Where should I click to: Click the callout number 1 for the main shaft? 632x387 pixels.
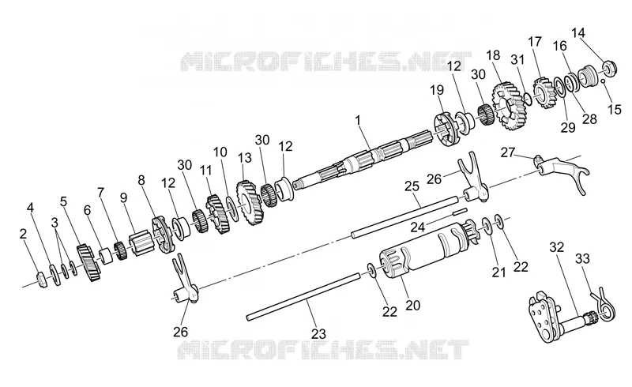pos(358,120)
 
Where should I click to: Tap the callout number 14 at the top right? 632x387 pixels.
pos(578,32)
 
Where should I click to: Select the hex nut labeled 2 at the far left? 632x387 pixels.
pos(42,279)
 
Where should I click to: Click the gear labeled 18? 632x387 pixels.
pos(507,106)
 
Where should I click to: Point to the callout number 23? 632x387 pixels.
pos(318,334)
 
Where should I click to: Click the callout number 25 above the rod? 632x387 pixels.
pos(412,186)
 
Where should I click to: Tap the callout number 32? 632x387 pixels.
pos(557,247)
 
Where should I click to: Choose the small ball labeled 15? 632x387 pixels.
pos(604,81)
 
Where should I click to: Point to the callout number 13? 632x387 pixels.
pos(244,158)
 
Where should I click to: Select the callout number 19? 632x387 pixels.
pos(437,90)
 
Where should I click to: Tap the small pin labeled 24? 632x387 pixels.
pos(459,211)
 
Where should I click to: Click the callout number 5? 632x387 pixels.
pos(63,201)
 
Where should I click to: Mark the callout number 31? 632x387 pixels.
pos(518,59)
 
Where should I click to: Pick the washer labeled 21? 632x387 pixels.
pos(487,225)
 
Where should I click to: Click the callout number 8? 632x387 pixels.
pos(141,180)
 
